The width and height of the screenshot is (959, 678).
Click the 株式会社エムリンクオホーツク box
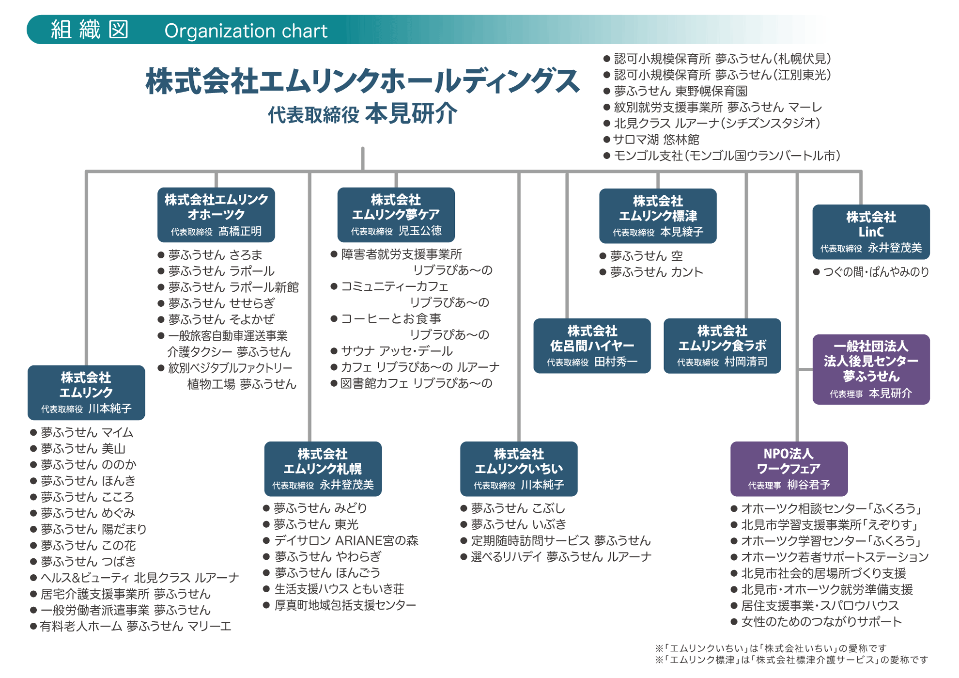(x=216, y=215)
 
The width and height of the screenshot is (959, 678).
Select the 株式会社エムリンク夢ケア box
(x=396, y=215)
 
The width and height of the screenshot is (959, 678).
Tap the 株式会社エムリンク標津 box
(x=657, y=216)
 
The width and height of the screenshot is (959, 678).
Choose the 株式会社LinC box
(x=870, y=232)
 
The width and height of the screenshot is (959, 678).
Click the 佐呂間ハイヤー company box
(x=591, y=346)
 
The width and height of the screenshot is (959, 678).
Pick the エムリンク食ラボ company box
(x=722, y=346)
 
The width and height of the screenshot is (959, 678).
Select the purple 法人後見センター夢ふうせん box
(x=870, y=369)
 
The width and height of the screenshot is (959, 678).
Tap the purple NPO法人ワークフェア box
(x=789, y=468)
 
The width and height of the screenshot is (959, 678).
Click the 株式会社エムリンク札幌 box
(x=323, y=468)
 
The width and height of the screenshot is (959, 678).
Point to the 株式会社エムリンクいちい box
(x=518, y=468)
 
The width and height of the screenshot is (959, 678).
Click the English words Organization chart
(x=246, y=31)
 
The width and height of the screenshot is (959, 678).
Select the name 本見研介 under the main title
(x=411, y=114)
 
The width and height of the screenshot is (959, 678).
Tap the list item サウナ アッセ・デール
(x=397, y=351)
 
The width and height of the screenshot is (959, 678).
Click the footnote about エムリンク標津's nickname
(x=791, y=660)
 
